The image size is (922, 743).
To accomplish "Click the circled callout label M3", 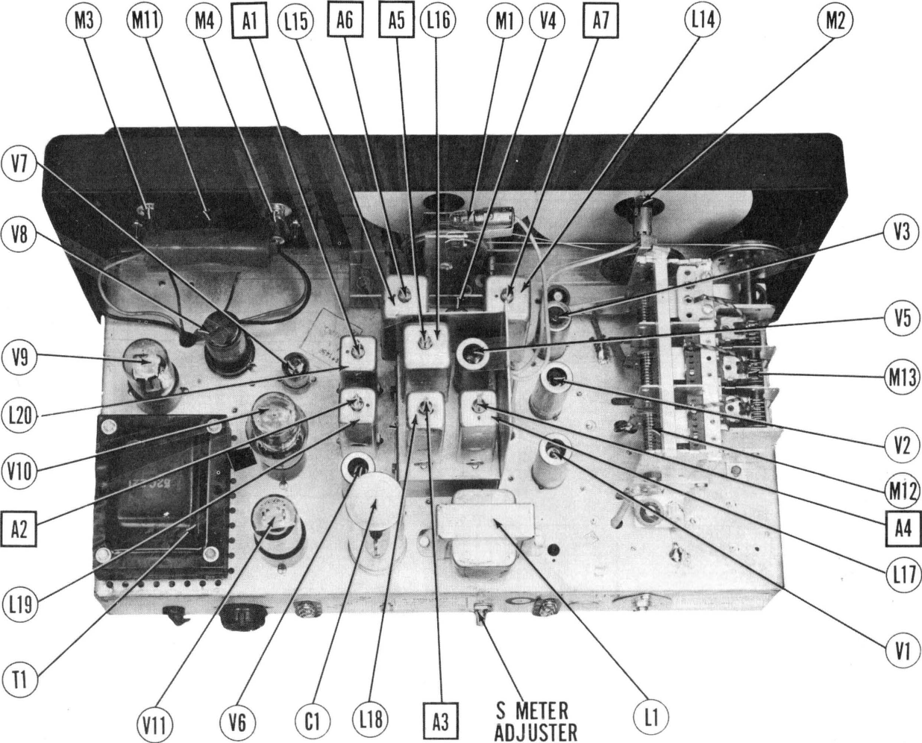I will (82, 21).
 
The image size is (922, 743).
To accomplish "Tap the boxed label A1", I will (250, 21).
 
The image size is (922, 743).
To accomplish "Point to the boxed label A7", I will (600, 21).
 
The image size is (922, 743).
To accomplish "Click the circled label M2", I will (835, 21).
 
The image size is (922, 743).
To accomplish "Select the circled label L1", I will (646, 718).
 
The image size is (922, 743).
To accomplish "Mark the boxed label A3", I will (441, 722).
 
